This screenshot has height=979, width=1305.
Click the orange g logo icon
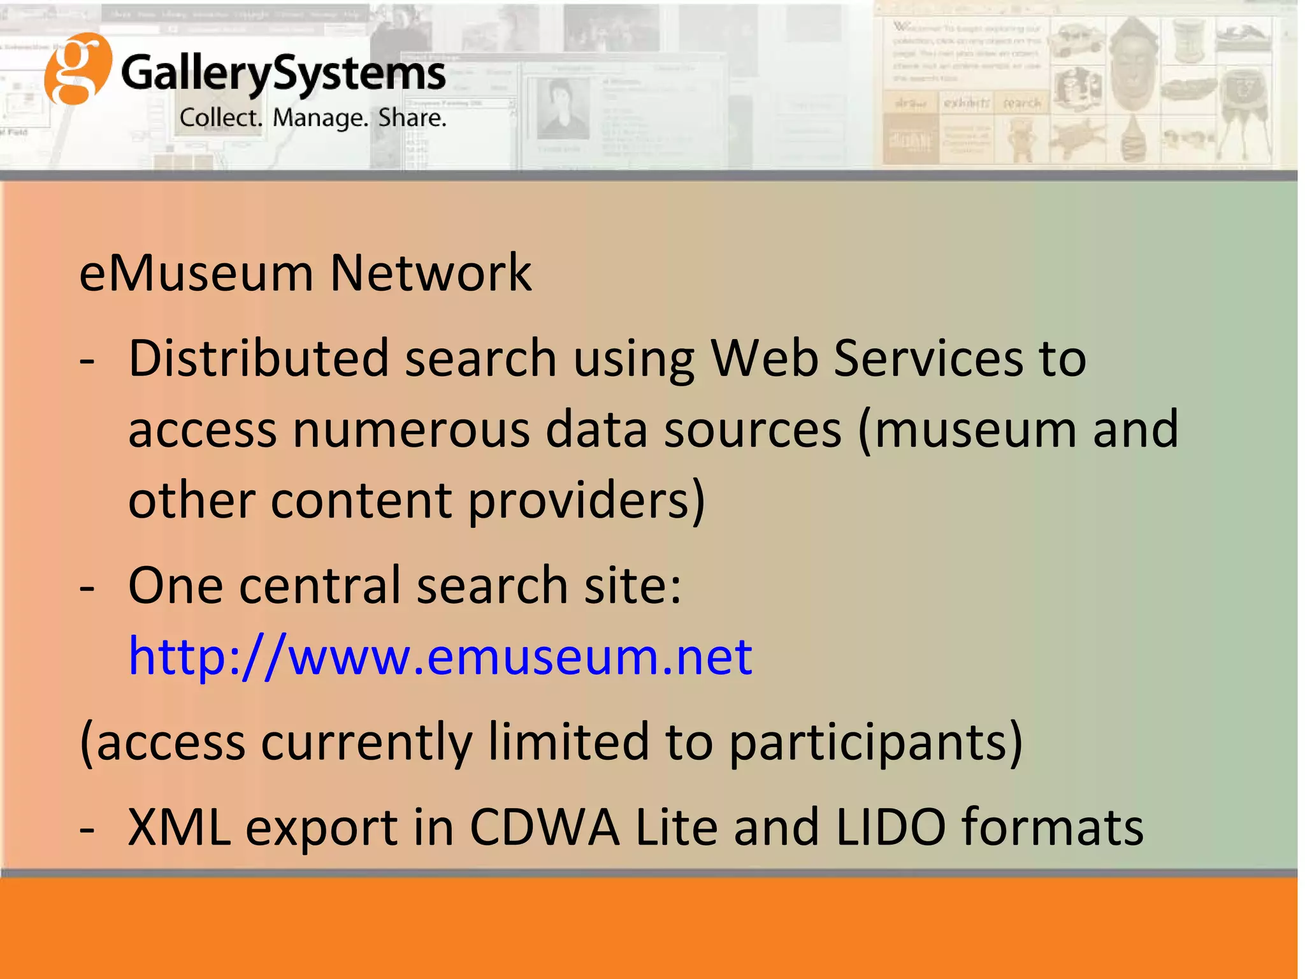click(77, 69)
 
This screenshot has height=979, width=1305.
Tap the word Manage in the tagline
click(321, 118)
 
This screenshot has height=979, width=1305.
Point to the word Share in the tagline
click(412, 118)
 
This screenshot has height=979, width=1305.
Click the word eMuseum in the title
click(196, 273)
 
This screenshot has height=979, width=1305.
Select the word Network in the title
click(430, 273)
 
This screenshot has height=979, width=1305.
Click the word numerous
click(411, 430)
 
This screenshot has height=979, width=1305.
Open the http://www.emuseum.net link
click(440, 656)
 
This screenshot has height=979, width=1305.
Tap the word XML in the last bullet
click(179, 827)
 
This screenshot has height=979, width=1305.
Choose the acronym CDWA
click(545, 827)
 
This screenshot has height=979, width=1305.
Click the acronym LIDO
click(890, 827)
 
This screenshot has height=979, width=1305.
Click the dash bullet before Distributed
click(87, 361)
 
